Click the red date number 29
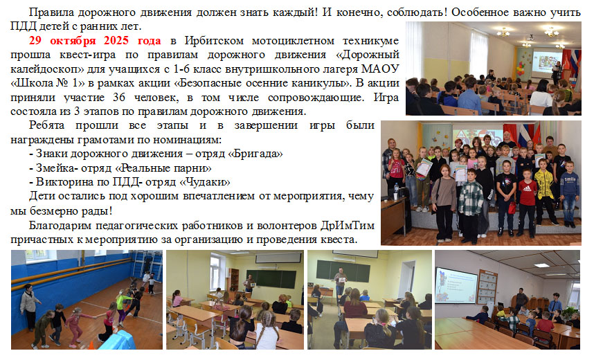35,41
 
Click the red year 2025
116,41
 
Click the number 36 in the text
119,98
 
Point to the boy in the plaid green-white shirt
470,205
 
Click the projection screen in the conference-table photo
456,286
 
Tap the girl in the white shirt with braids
267,330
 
